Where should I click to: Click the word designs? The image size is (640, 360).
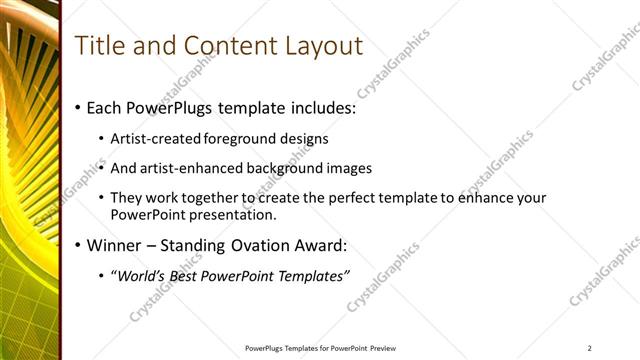pyautogui.click(x=303, y=138)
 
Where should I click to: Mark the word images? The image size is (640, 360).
pyautogui.click(x=349, y=168)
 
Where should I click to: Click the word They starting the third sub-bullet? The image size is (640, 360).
pyautogui.click(x=125, y=198)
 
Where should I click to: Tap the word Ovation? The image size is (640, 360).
pyautogui.click(x=265, y=245)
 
